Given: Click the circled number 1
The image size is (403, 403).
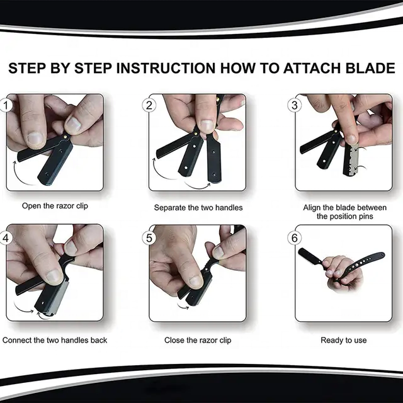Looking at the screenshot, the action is pos(5,105).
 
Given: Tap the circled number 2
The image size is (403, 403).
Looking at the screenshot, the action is pos(149,105).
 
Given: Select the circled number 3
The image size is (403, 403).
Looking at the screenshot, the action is pos(295,105).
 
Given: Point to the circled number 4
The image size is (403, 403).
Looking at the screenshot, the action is pos(5,238).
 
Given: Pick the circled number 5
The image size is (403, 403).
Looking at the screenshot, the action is pos(149,238).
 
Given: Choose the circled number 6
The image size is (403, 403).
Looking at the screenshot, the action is pos(295,238).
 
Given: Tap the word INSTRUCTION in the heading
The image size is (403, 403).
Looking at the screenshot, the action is pos(166,69).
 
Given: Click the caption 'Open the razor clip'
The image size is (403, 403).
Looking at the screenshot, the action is pos(55,206).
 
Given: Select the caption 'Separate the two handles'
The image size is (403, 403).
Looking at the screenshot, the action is pos(198,208).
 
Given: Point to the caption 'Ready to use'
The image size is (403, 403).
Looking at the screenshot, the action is pos(344,340).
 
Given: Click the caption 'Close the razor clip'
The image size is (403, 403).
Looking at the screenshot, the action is pos(198,340).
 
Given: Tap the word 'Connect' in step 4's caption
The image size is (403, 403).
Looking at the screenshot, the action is pos(17,340).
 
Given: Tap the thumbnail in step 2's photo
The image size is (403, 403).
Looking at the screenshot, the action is pos(207,125).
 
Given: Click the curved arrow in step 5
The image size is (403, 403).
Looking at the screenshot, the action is pos(182,305).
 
